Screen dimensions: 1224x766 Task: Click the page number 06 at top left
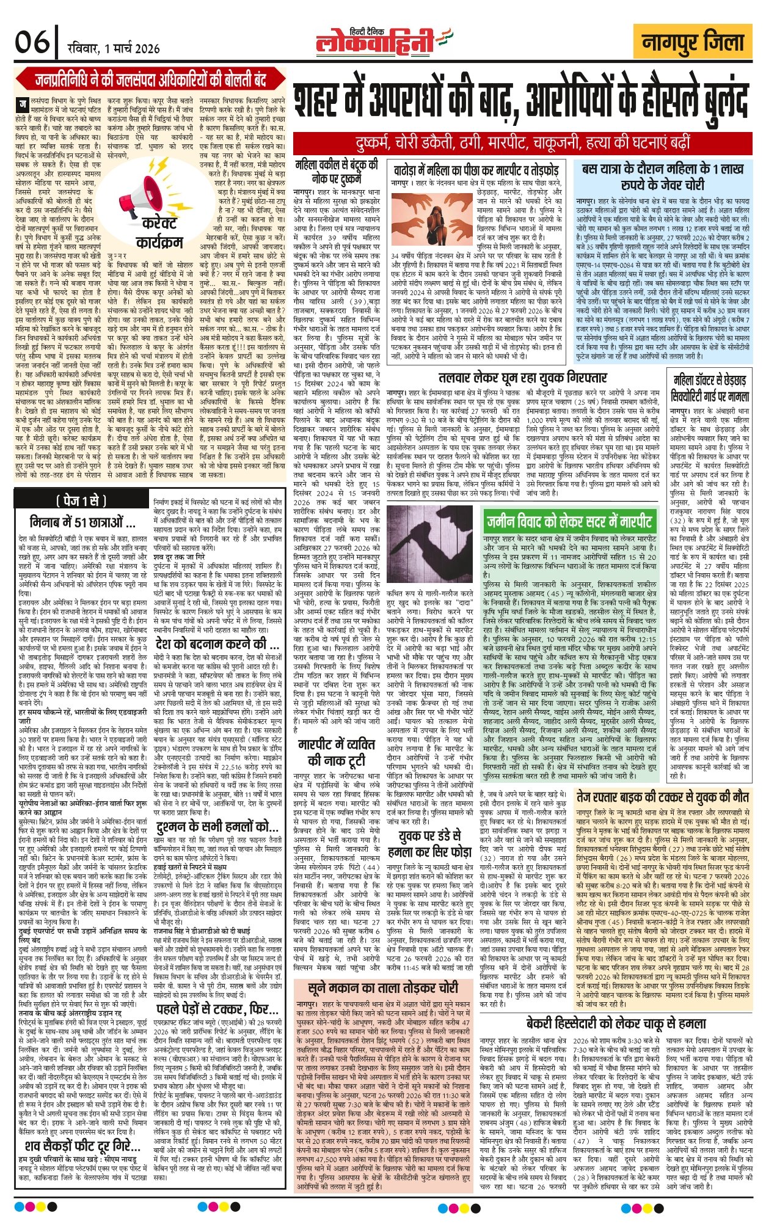coord(32,43)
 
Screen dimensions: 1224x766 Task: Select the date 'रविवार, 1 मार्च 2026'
coord(114,48)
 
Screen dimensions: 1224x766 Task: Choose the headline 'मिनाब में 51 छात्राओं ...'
coord(82,523)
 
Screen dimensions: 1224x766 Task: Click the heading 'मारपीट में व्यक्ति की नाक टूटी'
coord(337,752)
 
